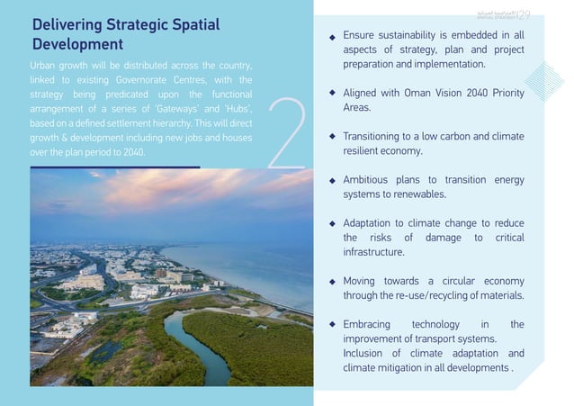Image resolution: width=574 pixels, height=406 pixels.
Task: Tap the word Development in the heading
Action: click(x=77, y=44)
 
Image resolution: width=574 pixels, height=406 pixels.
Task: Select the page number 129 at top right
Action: click(x=522, y=13)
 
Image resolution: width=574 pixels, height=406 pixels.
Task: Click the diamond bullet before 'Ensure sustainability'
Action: click(x=332, y=37)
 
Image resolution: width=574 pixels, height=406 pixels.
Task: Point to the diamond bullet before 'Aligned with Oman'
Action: click(x=332, y=93)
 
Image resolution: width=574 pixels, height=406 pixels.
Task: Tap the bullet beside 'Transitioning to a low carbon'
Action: click(x=332, y=137)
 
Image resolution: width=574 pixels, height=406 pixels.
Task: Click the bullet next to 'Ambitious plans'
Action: click(x=332, y=180)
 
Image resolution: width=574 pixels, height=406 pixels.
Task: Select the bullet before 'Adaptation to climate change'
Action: click(x=332, y=223)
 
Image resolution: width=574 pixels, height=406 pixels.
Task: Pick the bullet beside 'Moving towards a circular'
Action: click(x=332, y=281)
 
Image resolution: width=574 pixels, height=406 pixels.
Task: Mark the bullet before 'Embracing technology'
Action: click(x=332, y=324)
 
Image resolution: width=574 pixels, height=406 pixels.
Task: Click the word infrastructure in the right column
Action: click(x=372, y=252)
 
